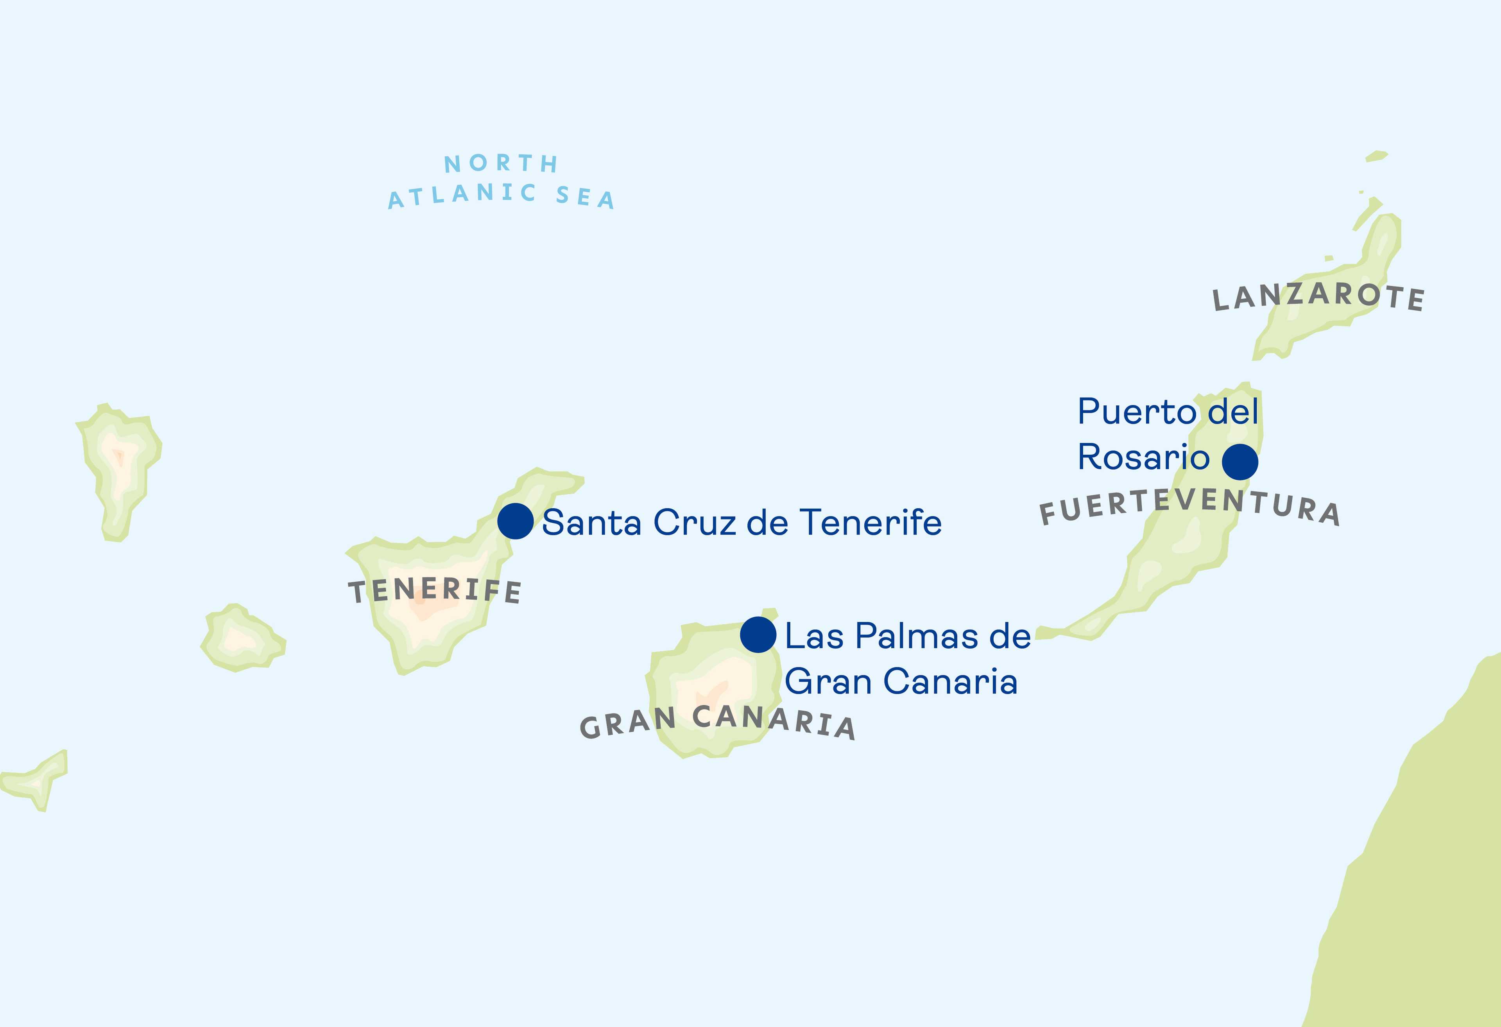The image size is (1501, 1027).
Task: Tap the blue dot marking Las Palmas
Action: [758, 634]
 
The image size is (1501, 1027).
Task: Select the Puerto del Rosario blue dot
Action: [1240, 462]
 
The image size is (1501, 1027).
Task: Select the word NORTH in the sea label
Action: [501, 163]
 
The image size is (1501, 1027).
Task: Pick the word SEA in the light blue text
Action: [585, 197]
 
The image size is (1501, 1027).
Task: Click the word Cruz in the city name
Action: [694, 523]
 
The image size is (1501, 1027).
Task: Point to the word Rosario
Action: [1143, 457]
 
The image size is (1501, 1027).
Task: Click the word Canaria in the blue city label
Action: [950, 681]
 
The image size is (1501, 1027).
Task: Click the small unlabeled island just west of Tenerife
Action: [242, 640]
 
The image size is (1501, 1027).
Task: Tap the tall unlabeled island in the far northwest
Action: [120, 465]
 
